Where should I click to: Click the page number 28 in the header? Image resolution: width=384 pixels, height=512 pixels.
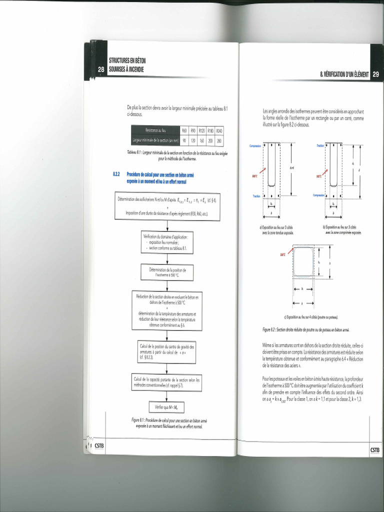101,70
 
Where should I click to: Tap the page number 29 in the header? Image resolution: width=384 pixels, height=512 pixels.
375,74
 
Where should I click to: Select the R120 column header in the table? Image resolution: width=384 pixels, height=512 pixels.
201,130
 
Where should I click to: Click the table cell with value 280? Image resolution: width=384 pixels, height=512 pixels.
219,140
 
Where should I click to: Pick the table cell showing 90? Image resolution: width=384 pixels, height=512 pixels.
184,140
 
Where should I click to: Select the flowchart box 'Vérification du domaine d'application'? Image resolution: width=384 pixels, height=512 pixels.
167,242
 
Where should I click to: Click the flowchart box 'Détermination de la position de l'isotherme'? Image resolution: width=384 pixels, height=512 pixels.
167,272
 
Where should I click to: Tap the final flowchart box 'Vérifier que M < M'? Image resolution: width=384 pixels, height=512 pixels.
167,407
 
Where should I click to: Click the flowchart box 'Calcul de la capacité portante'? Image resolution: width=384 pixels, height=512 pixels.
167,382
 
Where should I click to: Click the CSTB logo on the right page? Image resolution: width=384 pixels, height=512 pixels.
375,449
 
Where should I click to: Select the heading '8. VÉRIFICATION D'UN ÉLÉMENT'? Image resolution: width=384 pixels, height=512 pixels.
344,74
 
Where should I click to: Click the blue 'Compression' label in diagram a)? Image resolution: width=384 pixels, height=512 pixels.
256,145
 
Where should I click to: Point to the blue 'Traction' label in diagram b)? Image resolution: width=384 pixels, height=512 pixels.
320,145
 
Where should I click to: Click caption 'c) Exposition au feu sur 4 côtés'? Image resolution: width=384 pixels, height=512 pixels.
311,317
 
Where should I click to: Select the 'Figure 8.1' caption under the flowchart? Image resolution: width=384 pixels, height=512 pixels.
167,423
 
